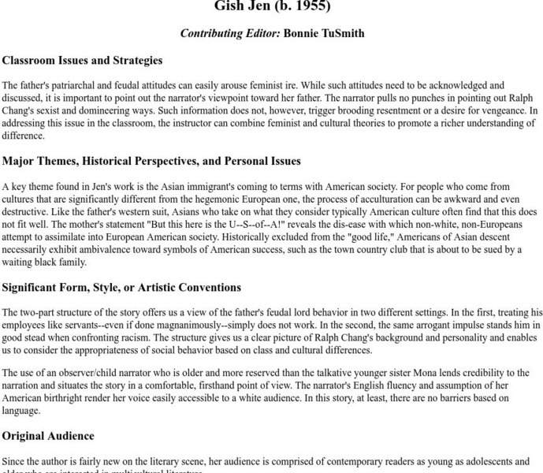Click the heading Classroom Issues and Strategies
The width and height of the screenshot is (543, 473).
pyautogui.click(x=82, y=60)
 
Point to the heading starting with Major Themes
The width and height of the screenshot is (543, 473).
pyautogui.click(x=151, y=161)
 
